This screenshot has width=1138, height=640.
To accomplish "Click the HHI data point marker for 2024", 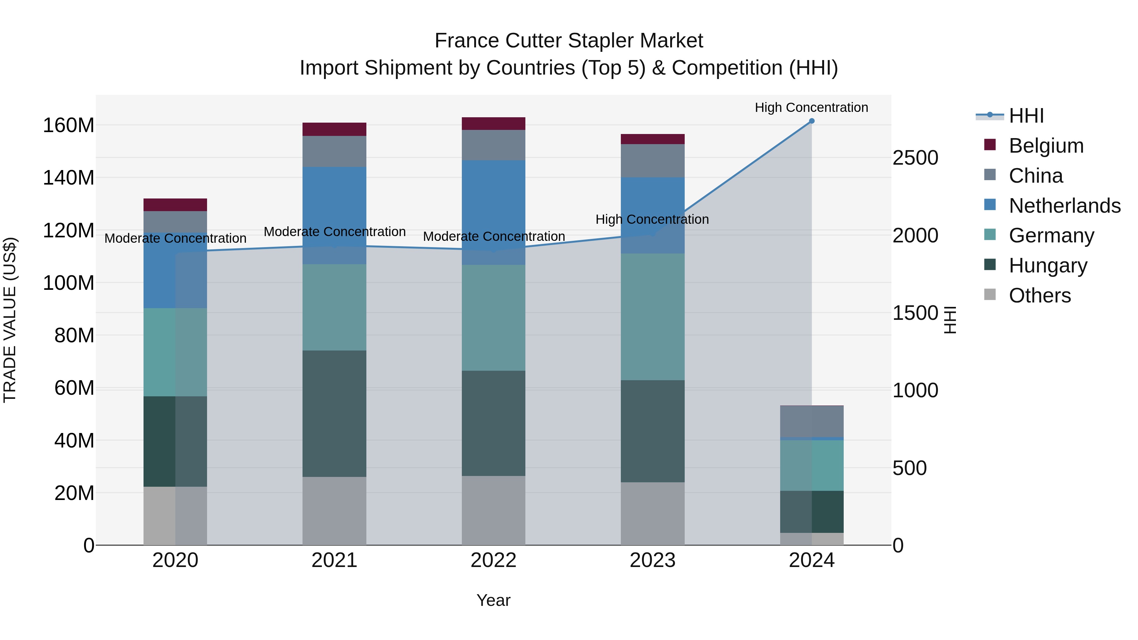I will pyautogui.click(x=811, y=121).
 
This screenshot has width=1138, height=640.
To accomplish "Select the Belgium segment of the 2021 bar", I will pyautogui.click(x=334, y=129).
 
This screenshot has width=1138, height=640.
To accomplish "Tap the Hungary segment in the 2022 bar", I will pyautogui.click(x=493, y=423).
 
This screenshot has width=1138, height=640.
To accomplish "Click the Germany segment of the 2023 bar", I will pyautogui.click(x=652, y=317).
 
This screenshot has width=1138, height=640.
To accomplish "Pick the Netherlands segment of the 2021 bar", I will pyautogui.click(x=334, y=215).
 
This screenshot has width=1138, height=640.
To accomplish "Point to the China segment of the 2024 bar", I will pyautogui.click(x=811, y=421).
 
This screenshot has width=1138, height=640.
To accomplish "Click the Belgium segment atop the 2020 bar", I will pyautogui.click(x=175, y=205).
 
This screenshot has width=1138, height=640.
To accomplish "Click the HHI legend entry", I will pyautogui.click(x=1026, y=116).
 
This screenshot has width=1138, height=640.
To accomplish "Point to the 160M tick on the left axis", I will pyautogui.click(x=69, y=125).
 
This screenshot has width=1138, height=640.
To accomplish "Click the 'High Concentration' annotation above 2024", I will pyautogui.click(x=811, y=107).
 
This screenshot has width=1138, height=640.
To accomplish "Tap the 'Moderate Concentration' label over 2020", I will pyautogui.click(x=175, y=239).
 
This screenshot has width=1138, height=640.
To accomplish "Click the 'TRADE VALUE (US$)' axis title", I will pyautogui.click(x=10, y=320).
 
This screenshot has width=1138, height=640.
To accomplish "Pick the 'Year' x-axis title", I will pyautogui.click(x=493, y=600).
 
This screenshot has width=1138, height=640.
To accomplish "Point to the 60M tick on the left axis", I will pyautogui.click(x=74, y=388).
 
